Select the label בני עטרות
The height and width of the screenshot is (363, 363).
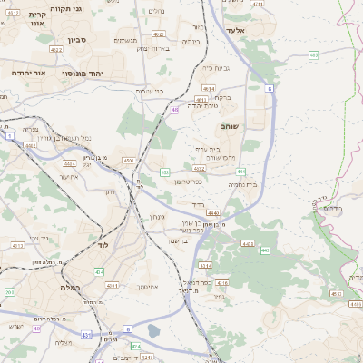tap(171, 91)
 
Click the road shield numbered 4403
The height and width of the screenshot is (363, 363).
tap(247, 243)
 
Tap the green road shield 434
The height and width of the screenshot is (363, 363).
tap(98, 271)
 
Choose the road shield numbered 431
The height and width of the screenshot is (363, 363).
tap(86, 335)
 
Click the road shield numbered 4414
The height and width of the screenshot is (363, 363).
tap(205, 265)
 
